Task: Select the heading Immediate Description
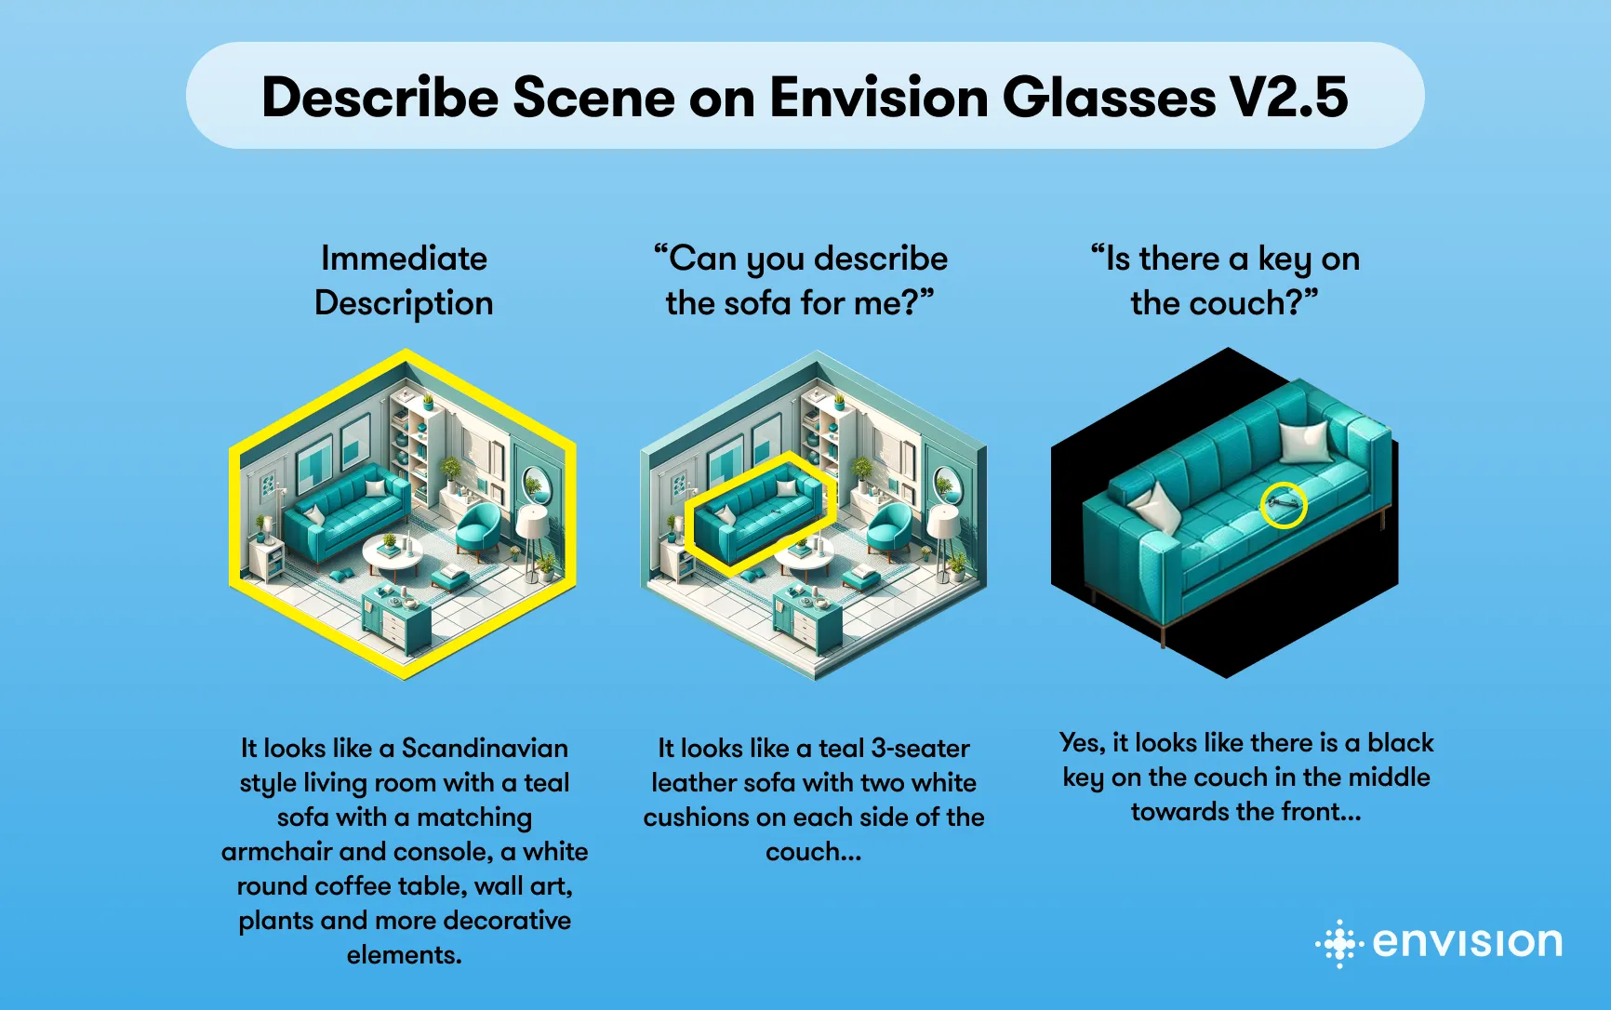point(404,280)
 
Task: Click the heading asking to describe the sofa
point(800,280)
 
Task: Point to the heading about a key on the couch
point(1225,280)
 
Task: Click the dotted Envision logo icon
point(1339,944)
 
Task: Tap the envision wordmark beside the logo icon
point(1468,943)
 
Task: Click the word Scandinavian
point(485,749)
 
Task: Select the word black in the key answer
point(1401,743)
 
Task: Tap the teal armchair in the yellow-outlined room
point(479,528)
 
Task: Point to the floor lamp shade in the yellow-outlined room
point(533,521)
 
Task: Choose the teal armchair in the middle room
point(889,528)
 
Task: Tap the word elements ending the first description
point(404,955)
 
